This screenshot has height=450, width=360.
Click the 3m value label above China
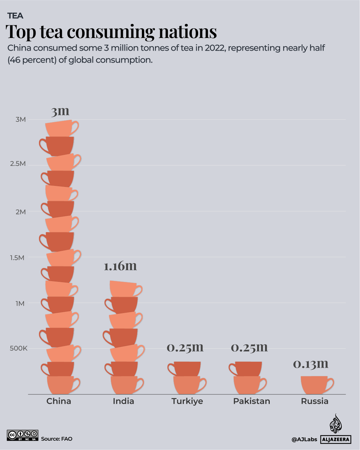coord(60,111)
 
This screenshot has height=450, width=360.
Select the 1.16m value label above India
coord(120,266)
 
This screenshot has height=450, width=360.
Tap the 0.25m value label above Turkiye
coord(185,347)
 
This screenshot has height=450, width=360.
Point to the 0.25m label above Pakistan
coord(249,347)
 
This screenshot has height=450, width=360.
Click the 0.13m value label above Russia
coord(311,364)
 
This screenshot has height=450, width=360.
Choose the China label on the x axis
coord(59,401)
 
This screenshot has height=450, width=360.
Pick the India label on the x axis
coord(123,401)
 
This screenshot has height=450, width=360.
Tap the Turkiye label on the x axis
coord(187,401)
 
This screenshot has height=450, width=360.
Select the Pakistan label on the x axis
coord(251,401)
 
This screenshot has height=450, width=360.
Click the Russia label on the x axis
coord(314,401)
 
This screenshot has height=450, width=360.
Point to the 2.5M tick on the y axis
coord(18,164)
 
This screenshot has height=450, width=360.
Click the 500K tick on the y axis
coord(18,348)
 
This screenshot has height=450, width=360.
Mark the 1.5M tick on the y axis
coord(17,257)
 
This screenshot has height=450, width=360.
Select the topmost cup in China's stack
coord(60,128)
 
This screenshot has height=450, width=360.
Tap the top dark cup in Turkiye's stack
coord(186,369)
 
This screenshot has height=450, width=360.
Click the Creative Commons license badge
coord(23,435)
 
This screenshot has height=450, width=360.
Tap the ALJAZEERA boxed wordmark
coord(336,439)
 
